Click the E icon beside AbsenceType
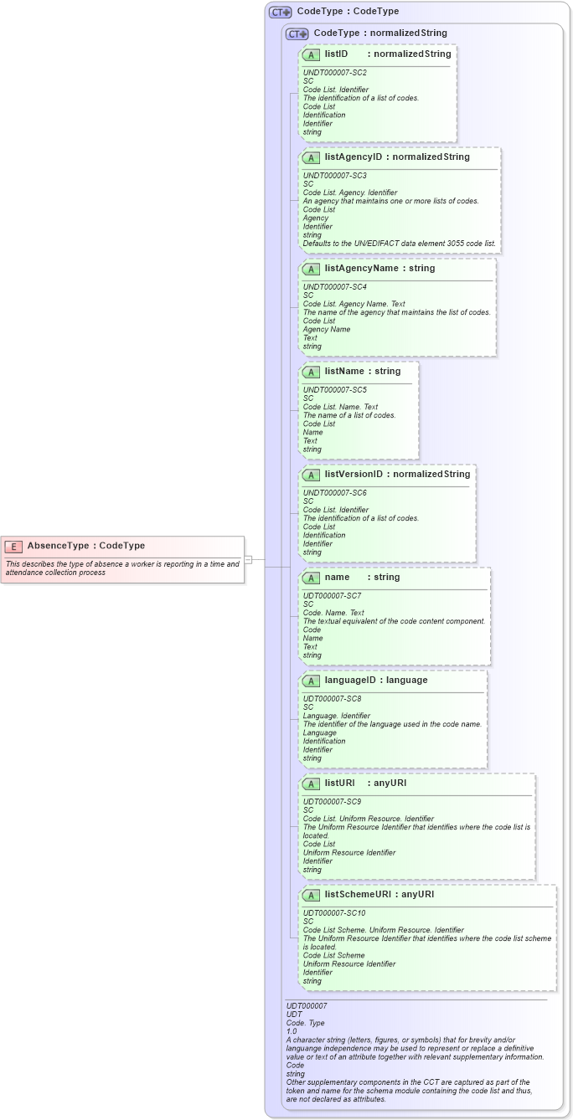tap(13, 547)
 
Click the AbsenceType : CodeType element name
tap(85, 547)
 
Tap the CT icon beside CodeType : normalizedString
tap(297, 34)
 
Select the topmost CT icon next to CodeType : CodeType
tap(280, 13)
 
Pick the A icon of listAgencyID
tap(311, 157)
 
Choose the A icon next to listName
tap(311, 372)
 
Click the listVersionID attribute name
tap(354, 475)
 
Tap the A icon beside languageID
tap(311, 681)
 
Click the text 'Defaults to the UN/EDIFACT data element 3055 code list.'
tap(399, 244)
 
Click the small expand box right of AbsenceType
tap(248, 559)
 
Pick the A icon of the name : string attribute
tap(311, 578)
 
